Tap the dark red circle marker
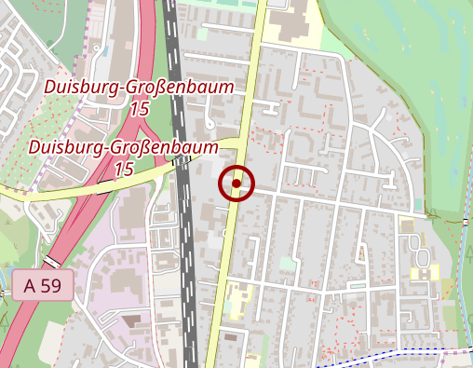[x=236, y=184]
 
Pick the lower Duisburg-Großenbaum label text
[x=123, y=147]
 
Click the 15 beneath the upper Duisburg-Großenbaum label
[x=140, y=109]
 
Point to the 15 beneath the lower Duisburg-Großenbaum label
[x=124, y=170]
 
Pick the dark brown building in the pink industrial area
[x=131, y=320]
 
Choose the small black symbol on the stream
[x=466, y=223]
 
